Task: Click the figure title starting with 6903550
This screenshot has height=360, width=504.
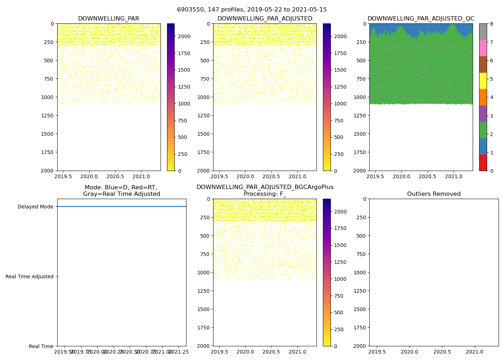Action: (x=252, y=10)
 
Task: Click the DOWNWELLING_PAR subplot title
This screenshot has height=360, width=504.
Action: (x=108, y=19)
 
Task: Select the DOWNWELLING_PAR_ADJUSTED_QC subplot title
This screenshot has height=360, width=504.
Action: (x=420, y=19)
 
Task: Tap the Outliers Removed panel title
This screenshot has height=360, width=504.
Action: (x=434, y=194)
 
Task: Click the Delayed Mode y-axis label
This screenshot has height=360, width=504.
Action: (x=35, y=207)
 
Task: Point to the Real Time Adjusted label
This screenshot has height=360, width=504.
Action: (x=30, y=276)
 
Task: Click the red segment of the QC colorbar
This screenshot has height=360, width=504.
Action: (x=483, y=162)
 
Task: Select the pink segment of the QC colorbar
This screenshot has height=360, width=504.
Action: (x=483, y=48)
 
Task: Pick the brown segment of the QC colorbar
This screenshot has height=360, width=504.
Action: (x=483, y=64)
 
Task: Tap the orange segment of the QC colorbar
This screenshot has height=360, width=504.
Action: (x=483, y=97)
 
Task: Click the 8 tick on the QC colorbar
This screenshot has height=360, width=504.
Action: (x=491, y=24)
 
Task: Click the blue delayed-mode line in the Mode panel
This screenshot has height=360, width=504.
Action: (x=122, y=207)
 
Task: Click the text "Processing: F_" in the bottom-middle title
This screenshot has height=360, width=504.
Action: (x=265, y=194)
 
